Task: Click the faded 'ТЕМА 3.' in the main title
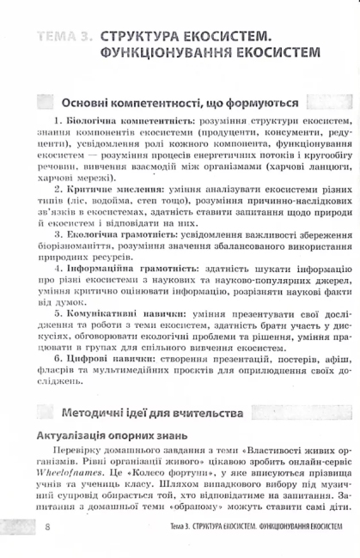pos(61,37)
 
